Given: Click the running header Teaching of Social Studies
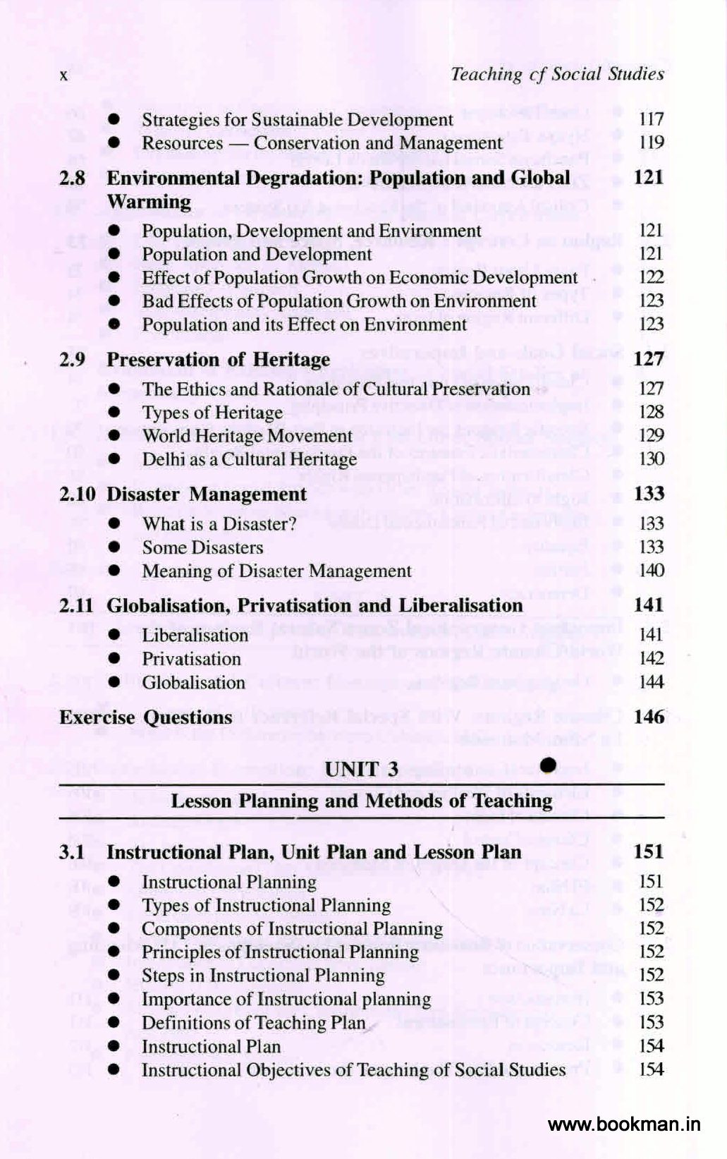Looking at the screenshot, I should tap(557, 74).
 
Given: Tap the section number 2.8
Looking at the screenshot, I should tap(72, 178).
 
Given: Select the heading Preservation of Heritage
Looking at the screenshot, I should tap(218, 360).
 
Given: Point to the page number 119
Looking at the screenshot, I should tap(650, 142).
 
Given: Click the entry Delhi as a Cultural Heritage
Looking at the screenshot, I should tap(250, 459).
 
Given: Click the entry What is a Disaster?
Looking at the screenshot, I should tap(219, 524).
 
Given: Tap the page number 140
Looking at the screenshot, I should tap(650, 570).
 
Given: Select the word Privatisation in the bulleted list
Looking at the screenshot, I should tap(191, 659).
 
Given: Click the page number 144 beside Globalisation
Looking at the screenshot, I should tap(650, 682).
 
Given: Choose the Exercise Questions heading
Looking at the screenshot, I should tap(146, 717).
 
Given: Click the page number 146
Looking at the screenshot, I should tap(649, 717).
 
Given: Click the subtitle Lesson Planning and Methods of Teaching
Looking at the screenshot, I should tap(361, 801).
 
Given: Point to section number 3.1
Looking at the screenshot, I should tap(72, 852).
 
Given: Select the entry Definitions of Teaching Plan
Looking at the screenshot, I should tap(254, 1023).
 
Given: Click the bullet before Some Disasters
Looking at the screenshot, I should tap(114, 547).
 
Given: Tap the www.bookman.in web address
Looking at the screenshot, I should tap(624, 1124).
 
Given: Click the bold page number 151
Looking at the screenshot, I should tap(648, 851).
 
